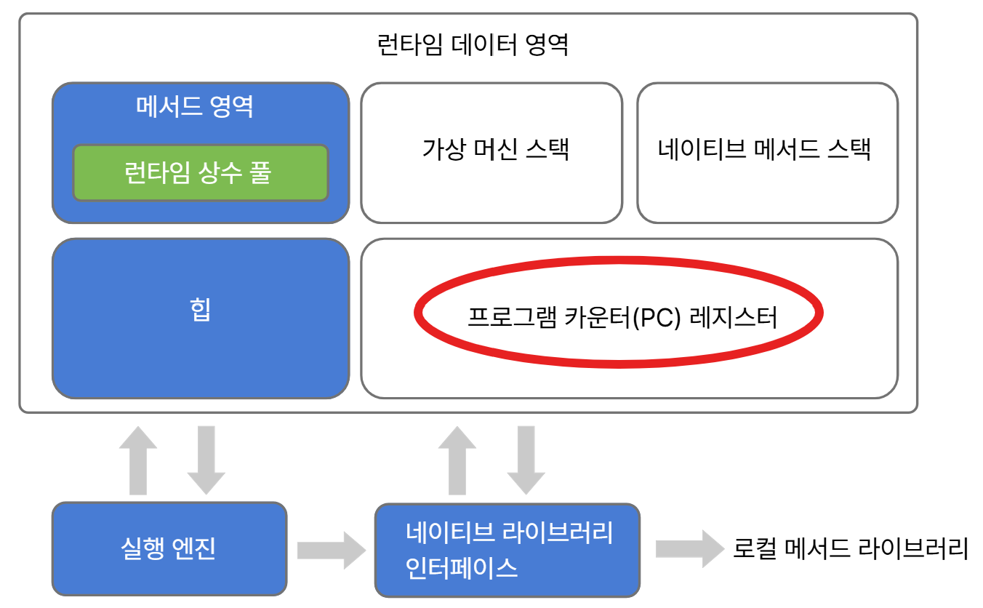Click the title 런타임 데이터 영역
473,45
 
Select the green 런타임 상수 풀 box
200,173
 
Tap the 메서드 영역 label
195,108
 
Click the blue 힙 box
200,318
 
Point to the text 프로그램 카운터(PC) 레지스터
621,318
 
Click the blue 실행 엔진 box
169,548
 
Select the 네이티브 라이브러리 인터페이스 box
507,549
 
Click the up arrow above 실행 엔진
138,460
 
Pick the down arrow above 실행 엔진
206,460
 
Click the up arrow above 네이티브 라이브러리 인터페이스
458,460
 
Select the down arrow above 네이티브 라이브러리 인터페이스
526,460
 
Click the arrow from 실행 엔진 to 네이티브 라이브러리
331,548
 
